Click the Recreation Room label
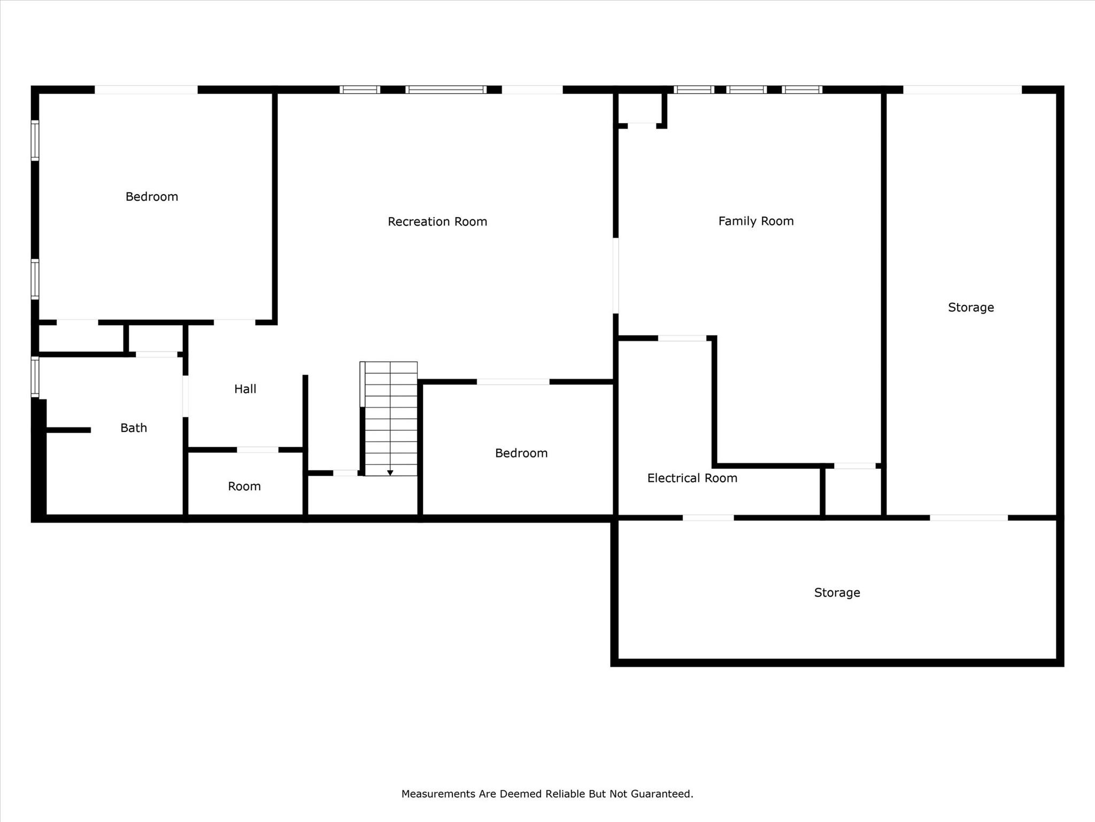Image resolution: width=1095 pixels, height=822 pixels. coord(437,222)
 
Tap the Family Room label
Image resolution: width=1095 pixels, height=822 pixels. coord(755,221)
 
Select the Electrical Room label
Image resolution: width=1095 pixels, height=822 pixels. coord(692,478)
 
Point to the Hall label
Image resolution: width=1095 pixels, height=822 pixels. coord(245,389)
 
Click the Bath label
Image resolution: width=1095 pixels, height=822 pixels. coord(133,428)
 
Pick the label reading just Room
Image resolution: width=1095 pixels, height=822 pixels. coord(244,486)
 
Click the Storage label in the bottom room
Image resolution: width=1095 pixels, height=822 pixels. coord(837,592)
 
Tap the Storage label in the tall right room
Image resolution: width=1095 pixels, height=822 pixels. coord(970,307)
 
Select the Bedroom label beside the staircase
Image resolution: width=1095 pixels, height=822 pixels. coord(521,453)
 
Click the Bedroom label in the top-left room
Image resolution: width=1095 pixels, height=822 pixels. coord(151,196)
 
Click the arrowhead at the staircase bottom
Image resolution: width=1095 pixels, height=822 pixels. coord(390,473)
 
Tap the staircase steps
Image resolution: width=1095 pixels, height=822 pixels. coord(391,417)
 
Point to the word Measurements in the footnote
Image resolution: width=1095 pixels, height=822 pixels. coord(438,794)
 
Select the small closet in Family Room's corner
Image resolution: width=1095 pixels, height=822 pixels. coord(641,108)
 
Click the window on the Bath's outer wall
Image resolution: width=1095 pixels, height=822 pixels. coord(35,377)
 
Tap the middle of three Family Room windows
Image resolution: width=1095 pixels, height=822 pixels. coord(746,89)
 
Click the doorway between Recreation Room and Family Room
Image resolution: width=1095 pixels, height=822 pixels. coord(615,276)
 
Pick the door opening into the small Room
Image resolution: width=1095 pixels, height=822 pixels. coord(257,450)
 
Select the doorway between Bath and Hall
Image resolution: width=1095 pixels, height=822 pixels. coord(186,396)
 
